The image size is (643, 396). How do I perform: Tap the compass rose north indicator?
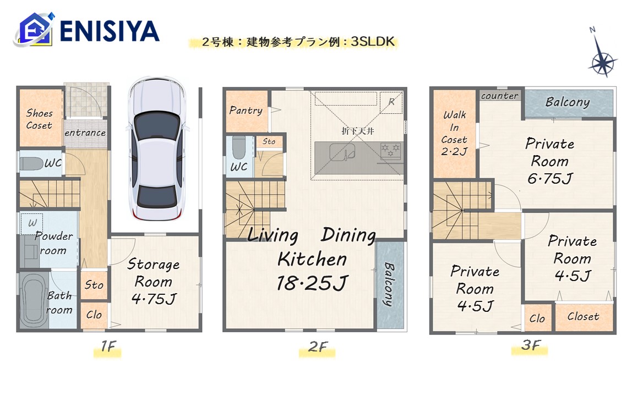601,53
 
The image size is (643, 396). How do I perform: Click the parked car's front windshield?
157,128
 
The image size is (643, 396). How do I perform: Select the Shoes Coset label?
40,119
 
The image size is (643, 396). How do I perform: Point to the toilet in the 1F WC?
32,164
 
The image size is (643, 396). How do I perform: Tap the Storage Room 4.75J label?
154,282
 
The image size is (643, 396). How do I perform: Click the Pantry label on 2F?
246,110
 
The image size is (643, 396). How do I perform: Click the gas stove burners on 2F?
390,150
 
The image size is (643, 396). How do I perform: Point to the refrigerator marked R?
391,102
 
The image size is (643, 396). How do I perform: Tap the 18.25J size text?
313,283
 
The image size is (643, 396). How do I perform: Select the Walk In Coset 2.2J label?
454,133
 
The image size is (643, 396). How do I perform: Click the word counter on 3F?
500,96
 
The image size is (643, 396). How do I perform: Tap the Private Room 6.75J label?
550,161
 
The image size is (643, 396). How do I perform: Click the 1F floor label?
108,346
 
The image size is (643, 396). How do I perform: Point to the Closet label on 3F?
583,316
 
